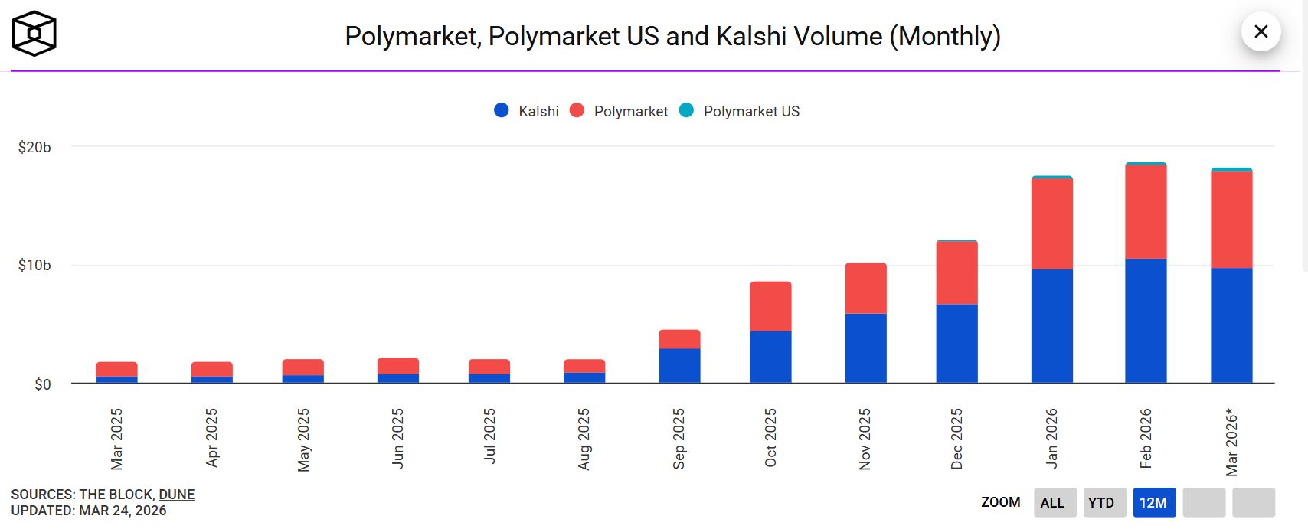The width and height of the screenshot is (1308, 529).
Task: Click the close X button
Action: (1261, 31)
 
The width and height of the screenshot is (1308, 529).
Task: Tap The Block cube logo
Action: (34, 34)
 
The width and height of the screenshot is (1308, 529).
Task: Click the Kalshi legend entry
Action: (527, 111)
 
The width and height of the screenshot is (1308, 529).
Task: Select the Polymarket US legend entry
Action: (740, 111)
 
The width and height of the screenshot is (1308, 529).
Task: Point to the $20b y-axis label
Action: (34, 147)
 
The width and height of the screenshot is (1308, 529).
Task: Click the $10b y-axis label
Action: (34, 266)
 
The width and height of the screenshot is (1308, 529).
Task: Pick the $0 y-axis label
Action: (43, 384)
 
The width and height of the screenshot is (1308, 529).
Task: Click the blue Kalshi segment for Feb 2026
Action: (1146, 321)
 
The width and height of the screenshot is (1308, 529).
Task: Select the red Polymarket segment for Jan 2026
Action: (1051, 224)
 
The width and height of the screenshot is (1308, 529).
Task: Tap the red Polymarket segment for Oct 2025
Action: (770, 306)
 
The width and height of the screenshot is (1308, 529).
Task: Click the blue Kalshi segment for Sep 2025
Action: (679, 366)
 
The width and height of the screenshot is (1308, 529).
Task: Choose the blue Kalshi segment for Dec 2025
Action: (956, 344)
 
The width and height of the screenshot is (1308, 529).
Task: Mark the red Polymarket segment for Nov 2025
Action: (865, 289)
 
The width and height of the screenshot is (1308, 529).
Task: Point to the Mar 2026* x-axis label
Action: (1231, 442)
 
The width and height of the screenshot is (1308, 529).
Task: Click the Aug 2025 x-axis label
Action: (584, 439)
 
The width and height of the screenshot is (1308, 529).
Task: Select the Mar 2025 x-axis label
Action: (116, 439)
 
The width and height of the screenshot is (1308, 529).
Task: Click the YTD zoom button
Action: (1101, 502)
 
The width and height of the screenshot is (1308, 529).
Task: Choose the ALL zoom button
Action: (1052, 502)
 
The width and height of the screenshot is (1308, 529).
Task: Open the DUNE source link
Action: (177, 495)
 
